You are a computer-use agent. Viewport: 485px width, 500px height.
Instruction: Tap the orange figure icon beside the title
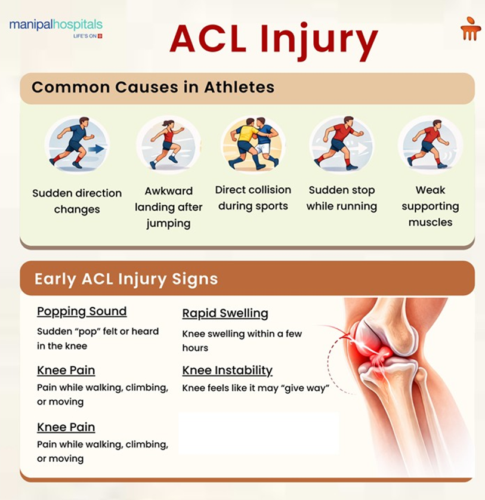470,30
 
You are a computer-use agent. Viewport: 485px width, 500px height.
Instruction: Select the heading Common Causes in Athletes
153,87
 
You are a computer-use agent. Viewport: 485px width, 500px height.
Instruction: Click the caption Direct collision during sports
254,198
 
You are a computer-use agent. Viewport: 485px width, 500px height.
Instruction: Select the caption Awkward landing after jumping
168,207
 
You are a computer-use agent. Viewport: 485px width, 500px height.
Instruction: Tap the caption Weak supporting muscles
430,206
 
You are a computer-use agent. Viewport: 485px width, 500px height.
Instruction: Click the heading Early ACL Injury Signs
126,279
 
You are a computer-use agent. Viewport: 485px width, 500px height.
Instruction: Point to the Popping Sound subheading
82,311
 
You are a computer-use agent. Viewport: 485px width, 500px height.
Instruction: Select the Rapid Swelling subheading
225,313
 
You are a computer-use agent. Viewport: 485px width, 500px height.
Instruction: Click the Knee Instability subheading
227,371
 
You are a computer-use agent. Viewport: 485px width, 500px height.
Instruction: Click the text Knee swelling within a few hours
242,341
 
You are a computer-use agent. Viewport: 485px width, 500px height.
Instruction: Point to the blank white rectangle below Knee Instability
258,434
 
